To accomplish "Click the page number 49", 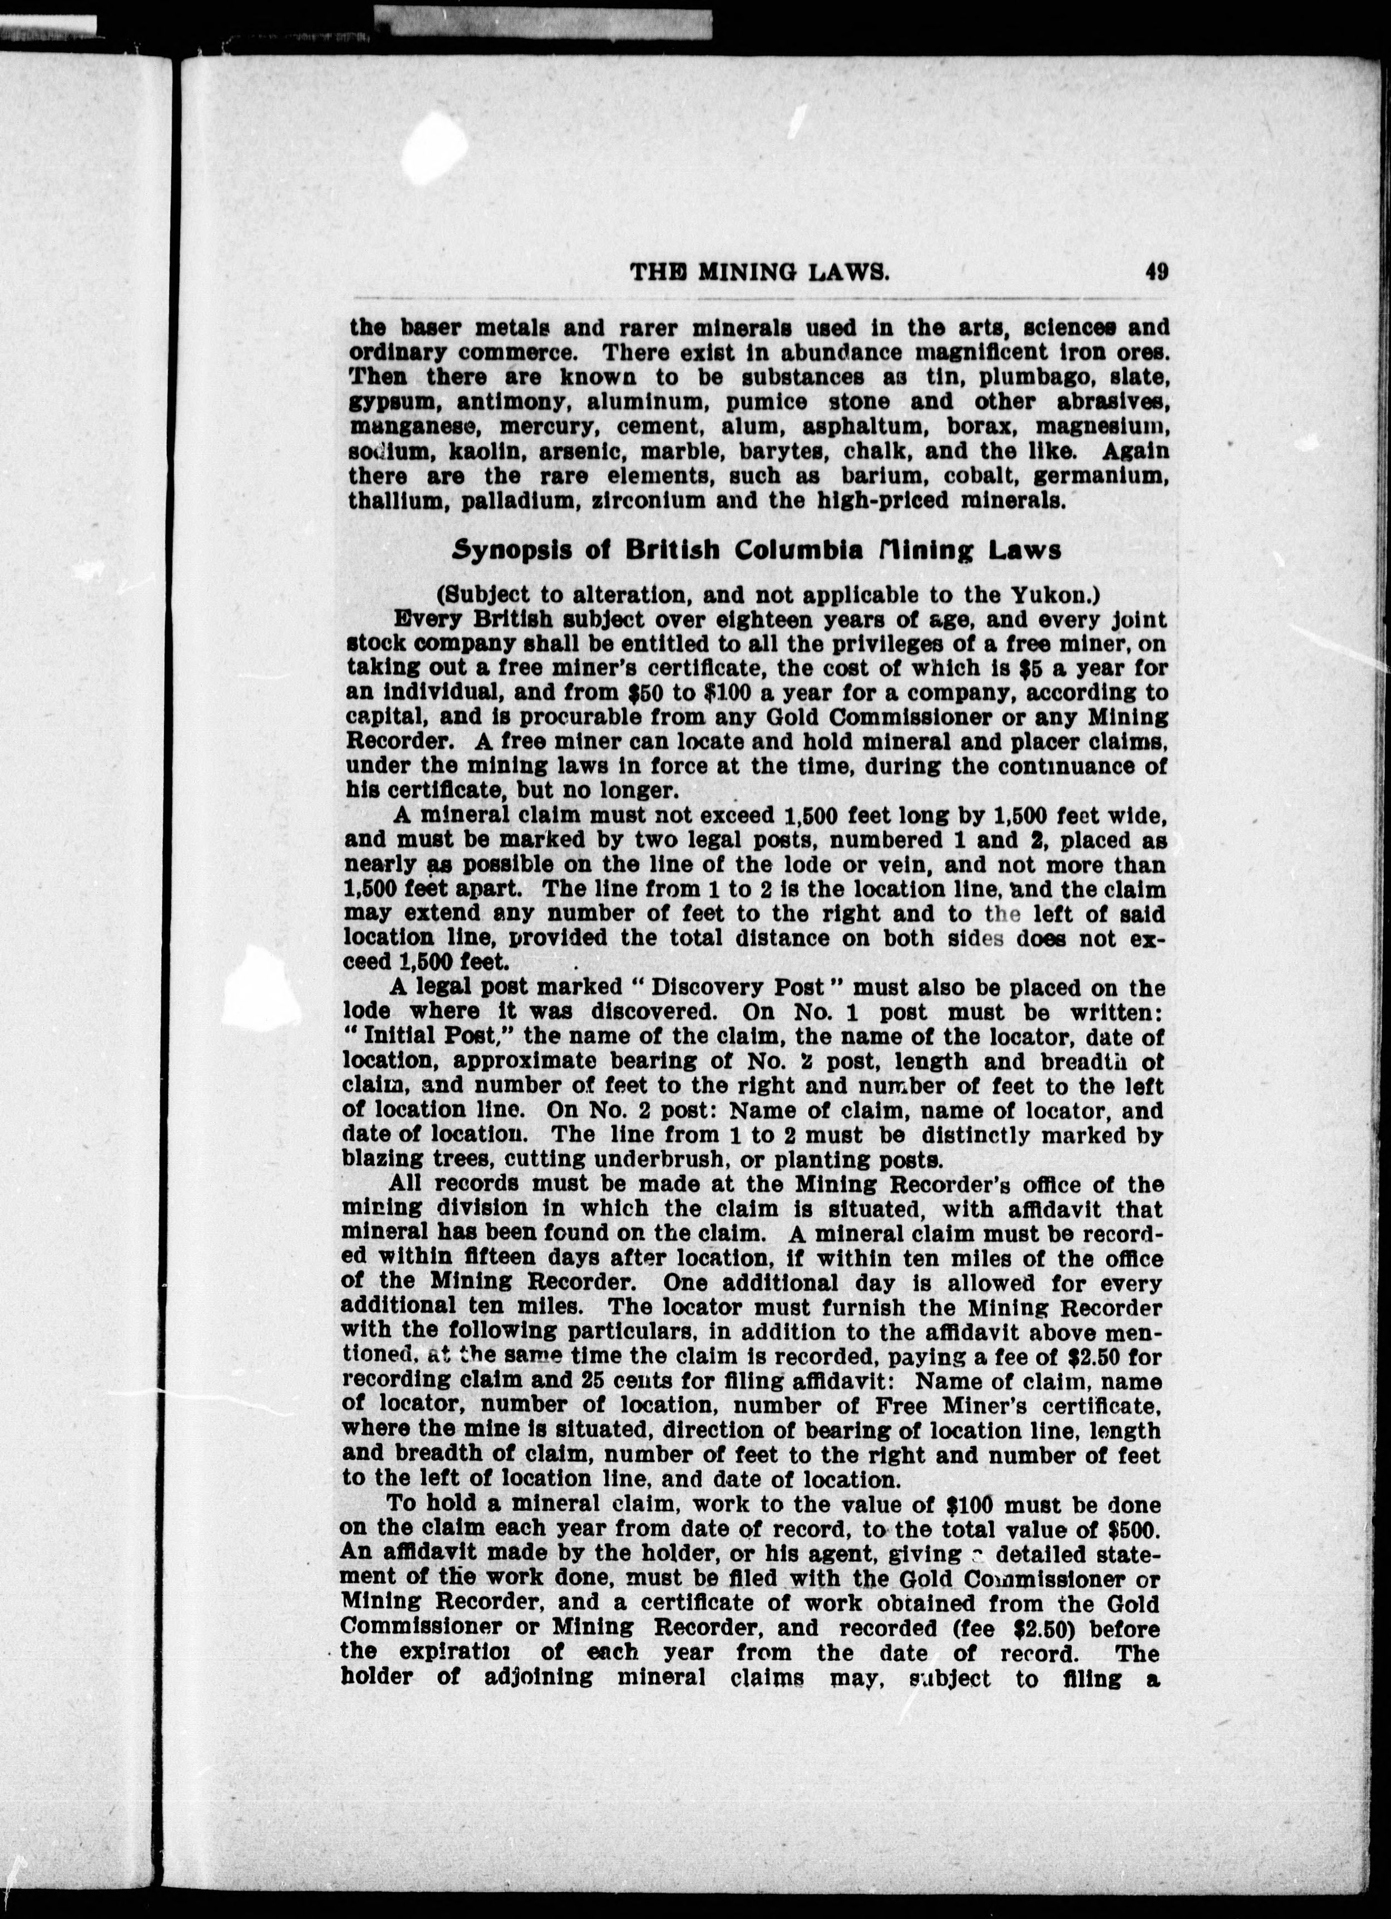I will [x=1157, y=273].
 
